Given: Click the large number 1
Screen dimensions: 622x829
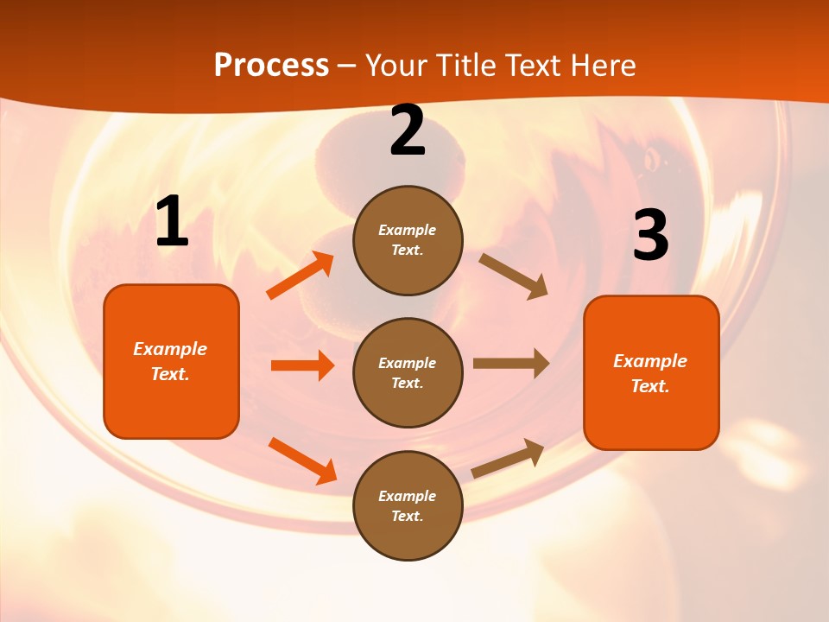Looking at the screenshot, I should click(x=172, y=222).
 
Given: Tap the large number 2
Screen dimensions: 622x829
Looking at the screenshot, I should click(x=408, y=131).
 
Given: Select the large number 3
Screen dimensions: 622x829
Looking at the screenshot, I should click(x=650, y=236).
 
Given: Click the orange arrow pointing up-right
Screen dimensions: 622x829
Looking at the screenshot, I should click(x=301, y=276).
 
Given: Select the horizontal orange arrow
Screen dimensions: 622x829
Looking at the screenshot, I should click(x=302, y=365).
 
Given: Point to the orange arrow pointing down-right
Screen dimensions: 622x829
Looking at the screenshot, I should click(x=302, y=460).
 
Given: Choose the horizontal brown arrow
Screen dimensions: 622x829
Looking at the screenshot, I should click(x=511, y=364).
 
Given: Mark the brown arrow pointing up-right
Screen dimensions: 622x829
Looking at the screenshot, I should click(x=508, y=458).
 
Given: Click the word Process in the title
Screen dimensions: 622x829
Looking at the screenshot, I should click(x=271, y=65).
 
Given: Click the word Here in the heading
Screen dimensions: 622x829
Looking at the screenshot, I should click(x=602, y=65).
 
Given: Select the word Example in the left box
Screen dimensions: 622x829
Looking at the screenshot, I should click(x=170, y=349).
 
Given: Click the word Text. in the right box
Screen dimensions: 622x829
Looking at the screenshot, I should click(x=650, y=386).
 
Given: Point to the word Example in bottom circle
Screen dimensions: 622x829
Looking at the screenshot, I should click(x=407, y=496).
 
